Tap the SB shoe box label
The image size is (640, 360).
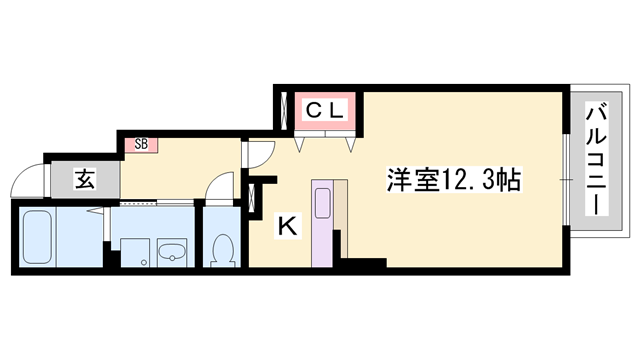click(x=141, y=143)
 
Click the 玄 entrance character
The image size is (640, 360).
click(x=85, y=181)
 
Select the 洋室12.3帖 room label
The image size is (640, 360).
click(x=452, y=179)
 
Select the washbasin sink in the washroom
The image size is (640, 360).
click(x=173, y=251)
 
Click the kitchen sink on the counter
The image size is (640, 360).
click(x=324, y=202)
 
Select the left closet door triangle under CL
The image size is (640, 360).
click(x=301, y=143)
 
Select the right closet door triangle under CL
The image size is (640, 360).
click(x=350, y=143)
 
